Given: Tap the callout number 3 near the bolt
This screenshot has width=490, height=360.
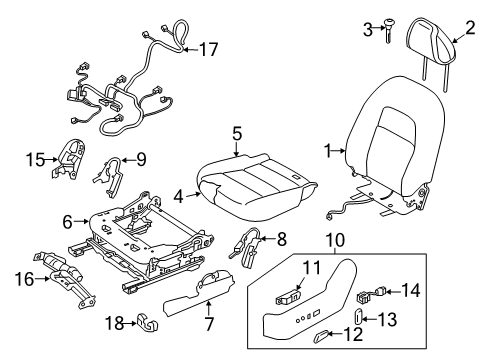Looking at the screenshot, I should pyautogui.click(x=368, y=27).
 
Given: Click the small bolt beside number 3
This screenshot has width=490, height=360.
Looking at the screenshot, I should pyautogui.click(x=388, y=31).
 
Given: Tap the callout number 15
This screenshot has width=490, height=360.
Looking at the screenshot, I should pyautogui.click(x=36, y=158).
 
